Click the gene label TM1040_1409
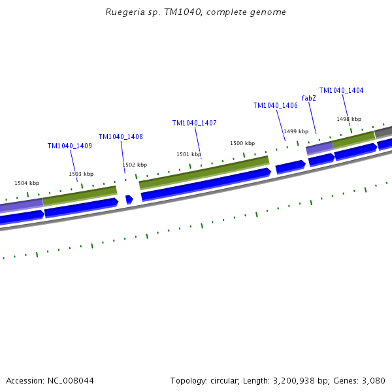click(x=69, y=146)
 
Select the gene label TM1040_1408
click(x=120, y=137)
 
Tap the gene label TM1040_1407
click(x=194, y=123)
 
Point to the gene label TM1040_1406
click(x=275, y=105)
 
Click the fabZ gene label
click(x=308, y=98)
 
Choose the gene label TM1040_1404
click(x=341, y=90)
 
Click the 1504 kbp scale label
click(x=27, y=184)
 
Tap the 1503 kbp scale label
click(x=81, y=174)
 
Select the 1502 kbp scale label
click(x=135, y=165)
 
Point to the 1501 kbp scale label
click(x=189, y=154)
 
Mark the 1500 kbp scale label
click(x=242, y=143)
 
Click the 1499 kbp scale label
click(x=296, y=131)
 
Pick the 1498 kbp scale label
click(x=349, y=119)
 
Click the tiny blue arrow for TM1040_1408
click(x=129, y=199)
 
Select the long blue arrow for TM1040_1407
click(x=206, y=184)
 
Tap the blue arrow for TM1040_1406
click(x=290, y=167)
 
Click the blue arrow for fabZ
click(x=321, y=159)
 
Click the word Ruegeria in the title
click(x=124, y=12)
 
